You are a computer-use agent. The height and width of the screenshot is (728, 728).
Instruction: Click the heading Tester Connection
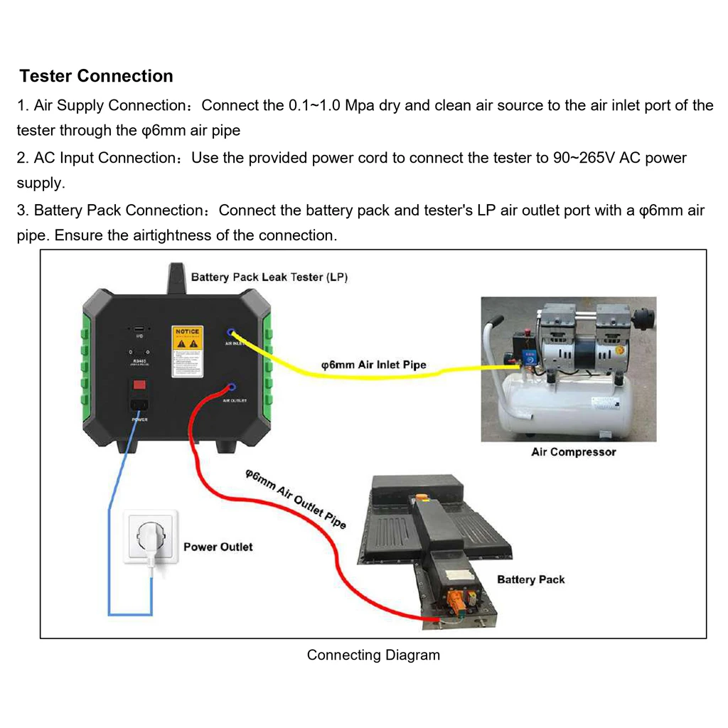pos(96,76)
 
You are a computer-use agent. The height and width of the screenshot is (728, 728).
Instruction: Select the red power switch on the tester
pos(140,385)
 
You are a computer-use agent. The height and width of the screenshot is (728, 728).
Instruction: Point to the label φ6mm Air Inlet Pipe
pos(374,365)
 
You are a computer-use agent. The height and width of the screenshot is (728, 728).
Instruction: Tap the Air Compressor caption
pos(573,452)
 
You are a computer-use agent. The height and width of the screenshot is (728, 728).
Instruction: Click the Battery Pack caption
pos(530,579)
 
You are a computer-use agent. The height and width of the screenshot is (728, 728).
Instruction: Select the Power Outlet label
pos(218,547)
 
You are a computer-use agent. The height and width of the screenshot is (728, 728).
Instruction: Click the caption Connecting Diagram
pos(373,655)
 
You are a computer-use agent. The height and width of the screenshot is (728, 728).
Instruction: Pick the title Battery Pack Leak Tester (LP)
pos(269,277)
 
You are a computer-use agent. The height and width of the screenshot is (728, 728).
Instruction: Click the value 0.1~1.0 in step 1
pos(315,106)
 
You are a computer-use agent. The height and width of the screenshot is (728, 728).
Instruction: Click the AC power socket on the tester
pos(140,406)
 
